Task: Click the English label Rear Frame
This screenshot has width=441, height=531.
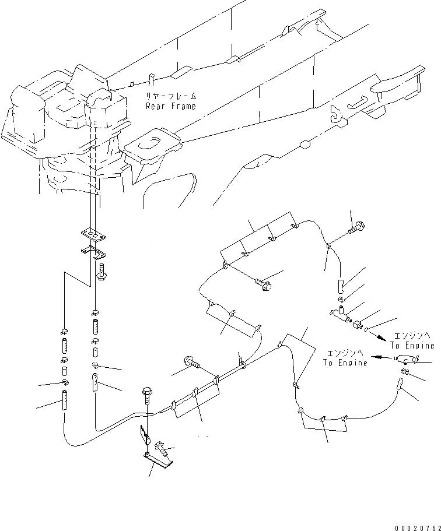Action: coord(171,106)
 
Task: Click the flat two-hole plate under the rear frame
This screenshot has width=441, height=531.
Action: coord(93,234)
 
